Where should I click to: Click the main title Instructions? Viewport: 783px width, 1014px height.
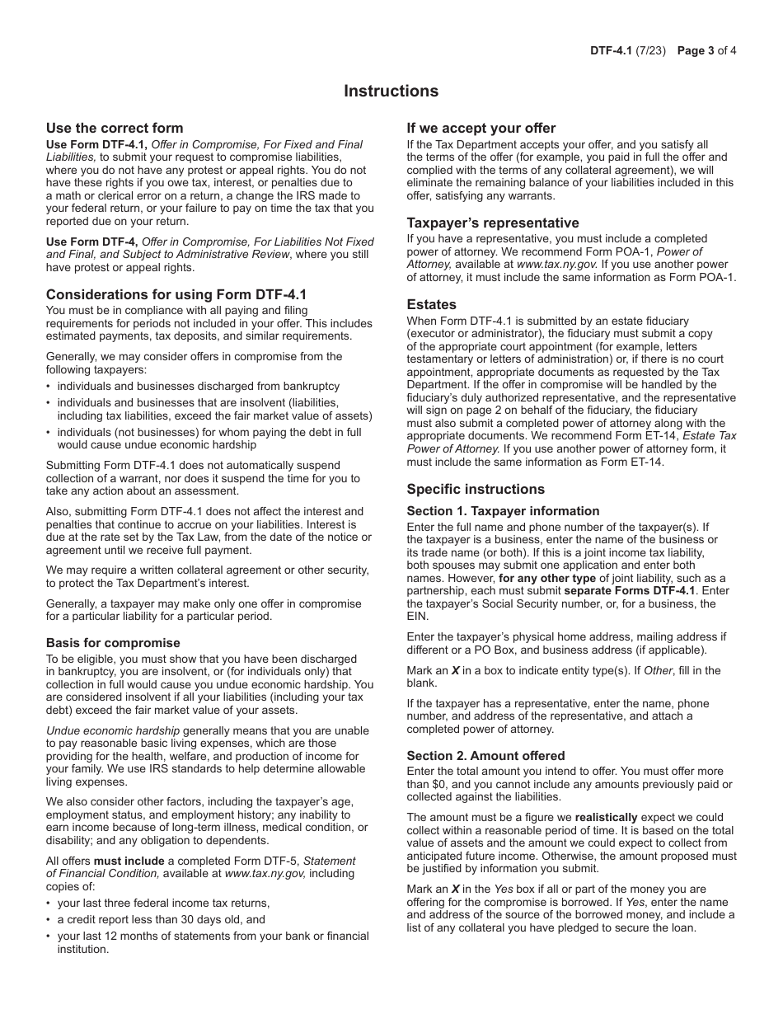pyautogui.click(x=391, y=91)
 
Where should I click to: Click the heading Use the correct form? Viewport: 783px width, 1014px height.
pyautogui.click(x=115, y=128)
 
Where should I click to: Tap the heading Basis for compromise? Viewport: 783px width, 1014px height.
pyautogui.click(x=113, y=643)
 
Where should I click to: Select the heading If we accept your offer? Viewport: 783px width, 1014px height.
pyautogui.click(x=481, y=128)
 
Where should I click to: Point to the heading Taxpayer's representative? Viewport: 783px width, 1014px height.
pyautogui.click(x=492, y=223)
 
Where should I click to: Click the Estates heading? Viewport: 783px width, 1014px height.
pyautogui.click(x=431, y=304)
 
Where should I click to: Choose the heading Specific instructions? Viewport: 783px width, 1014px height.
pyautogui.click(x=475, y=489)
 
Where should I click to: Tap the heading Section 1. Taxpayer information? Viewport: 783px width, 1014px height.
pyautogui.click(x=503, y=511)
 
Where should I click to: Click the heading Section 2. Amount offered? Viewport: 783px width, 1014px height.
pyautogui.click(x=485, y=756)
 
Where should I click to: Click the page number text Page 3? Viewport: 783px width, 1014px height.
pyautogui.click(x=695, y=50)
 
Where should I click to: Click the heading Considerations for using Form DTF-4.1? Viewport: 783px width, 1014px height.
pyautogui.click(x=176, y=294)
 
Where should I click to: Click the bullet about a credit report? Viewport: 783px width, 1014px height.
pyautogui.click(x=161, y=919)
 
